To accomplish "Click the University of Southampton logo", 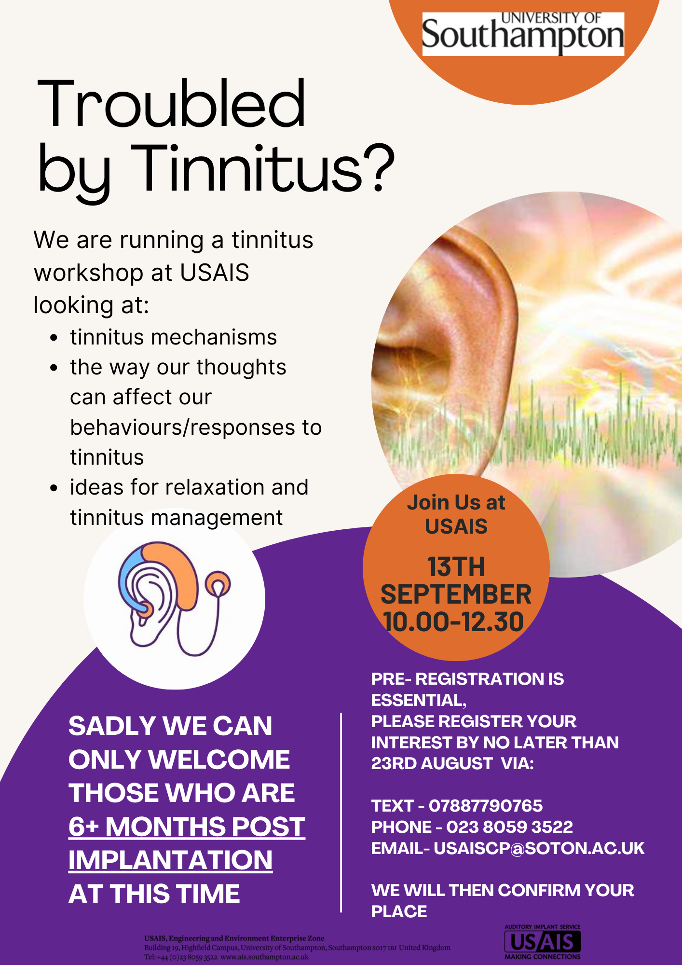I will click(523, 34).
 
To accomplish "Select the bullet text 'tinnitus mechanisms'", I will click(173, 337).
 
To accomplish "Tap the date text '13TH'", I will click(456, 567).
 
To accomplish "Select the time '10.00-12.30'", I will click(453, 621).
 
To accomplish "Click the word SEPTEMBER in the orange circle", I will click(456, 594).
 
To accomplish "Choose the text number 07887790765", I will click(486, 805).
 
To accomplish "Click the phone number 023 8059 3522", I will click(509, 827).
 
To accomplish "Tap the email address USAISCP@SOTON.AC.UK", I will click(539, 848).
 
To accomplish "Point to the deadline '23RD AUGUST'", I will click(432, 763).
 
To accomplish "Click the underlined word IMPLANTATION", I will click(170, 860).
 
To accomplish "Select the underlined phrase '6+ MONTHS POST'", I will click(187, 827).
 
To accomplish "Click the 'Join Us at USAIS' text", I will click(456, 514).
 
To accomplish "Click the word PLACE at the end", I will click(399, 911).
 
